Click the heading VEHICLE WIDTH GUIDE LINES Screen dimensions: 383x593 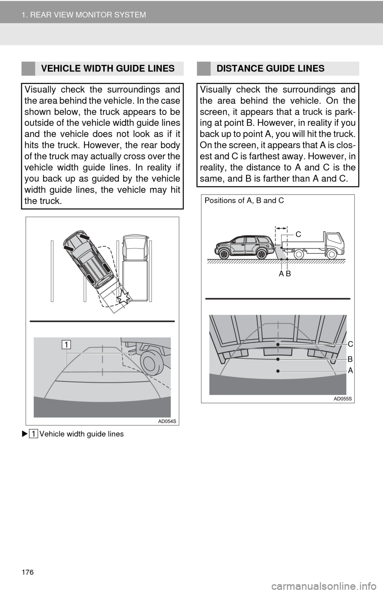pyautogui.click(x=108, y=69)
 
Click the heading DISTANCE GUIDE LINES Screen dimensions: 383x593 pyautogui.click(x=270, y=69)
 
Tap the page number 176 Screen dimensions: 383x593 pyautogui.click(x=28, y=572)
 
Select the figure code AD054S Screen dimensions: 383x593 pyautogui.click(x=167, y=422)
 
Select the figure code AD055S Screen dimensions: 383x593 pyautogui.click(x=343, y=399)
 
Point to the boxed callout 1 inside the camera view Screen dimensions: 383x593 pyautogui.click(x=67, y=345)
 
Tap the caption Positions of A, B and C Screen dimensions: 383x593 pyautogui.click(x=244, y=201)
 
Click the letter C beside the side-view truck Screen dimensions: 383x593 pyautogui.click(x=298, y=234)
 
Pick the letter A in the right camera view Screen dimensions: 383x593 pyautogui.click(x=350, y=371)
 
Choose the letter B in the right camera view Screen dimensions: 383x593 pyautogui.click(x=350, y=359)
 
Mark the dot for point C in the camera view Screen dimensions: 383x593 pyautogui.click(x=278, y=344)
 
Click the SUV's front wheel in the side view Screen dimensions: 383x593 pyautogui.click(x=224, y=254)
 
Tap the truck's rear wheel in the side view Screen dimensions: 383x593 pyautogui.click(x=299, y=255)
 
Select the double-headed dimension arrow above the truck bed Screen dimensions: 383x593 pyautogui.click(x=281, y=227)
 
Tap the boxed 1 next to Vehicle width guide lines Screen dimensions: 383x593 pyautogui.click(x=33, y=434)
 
